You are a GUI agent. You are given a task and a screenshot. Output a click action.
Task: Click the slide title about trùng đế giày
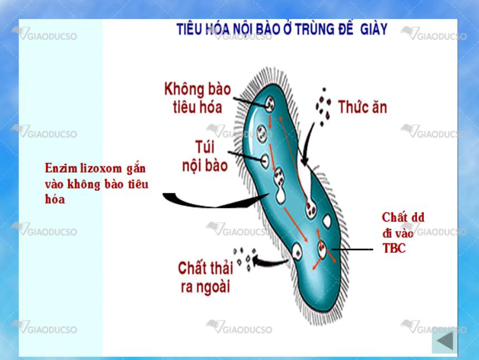[x=282, y=30]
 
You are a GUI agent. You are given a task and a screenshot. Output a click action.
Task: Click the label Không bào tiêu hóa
[x=197, y=98]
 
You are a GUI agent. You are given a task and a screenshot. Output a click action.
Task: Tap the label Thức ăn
[x=362, y=107]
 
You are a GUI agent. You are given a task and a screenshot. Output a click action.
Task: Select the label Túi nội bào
[x=205, y=156]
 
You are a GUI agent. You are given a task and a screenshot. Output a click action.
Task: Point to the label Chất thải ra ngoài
[x=205, y=277]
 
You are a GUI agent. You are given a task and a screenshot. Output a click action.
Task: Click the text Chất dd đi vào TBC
[x=403, y=232]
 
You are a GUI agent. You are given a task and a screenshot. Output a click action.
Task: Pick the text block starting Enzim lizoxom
[x=96, y=184]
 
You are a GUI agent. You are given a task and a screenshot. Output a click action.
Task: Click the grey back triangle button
[x=445, y=341]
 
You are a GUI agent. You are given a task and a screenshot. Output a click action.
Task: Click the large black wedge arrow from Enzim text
[x=214, y=200]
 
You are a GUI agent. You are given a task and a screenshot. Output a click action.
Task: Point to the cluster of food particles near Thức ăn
[x=323, y=107]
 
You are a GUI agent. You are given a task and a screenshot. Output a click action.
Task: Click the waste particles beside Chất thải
[x=244, y=259]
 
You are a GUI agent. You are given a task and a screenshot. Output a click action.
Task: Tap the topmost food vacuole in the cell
[x=269, y=104]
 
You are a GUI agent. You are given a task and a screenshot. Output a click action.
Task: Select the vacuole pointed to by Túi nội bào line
[x=265, y=161]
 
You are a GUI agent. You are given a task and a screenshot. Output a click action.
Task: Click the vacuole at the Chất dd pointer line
[x=322, y=249]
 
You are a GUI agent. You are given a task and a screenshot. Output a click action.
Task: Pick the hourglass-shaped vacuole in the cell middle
[x=279, y=186]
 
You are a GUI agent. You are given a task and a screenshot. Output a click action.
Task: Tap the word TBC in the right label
[x=394, y=248]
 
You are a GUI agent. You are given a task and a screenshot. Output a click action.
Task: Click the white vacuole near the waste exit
[x=297, y=251]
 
